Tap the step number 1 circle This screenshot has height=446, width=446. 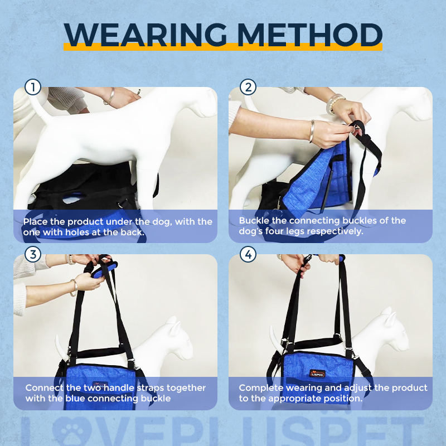click(33, 87)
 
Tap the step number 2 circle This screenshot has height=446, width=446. click(248, 87)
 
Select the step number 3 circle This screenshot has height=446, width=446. click(33, 255)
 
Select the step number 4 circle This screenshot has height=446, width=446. click(248, 255)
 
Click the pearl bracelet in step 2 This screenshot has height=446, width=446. click(334, 104)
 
